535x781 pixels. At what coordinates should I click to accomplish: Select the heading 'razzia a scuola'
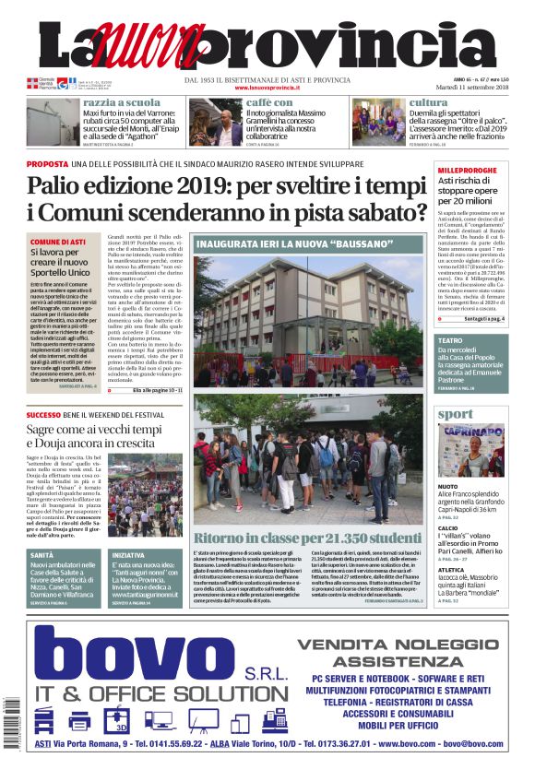pyautogui.click(x=120, y=102)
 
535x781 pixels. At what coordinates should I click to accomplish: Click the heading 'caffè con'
pyautogui.click(x=269, y=102)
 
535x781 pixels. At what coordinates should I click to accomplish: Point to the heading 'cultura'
pyautogui.click(x=428, y=102)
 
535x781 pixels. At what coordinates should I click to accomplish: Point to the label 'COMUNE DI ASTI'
pyautogui.click(x=58, y=242)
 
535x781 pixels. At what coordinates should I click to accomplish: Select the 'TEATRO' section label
pyautogui.click(x=450, y=341)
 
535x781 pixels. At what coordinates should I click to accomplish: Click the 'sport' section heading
pyautogui.click(x=455, y=414)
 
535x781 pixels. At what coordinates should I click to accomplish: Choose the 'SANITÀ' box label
pyautogui.click(x=42, y=554)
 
